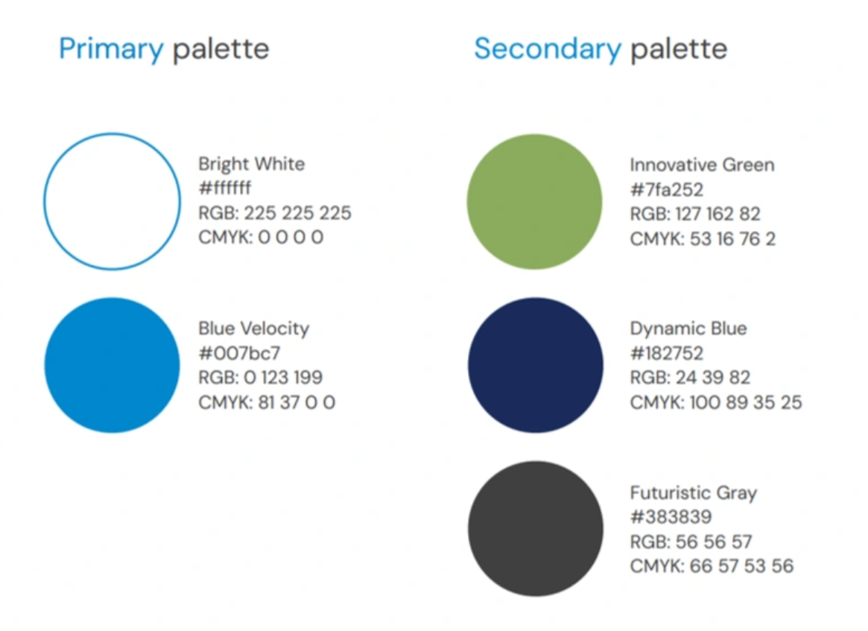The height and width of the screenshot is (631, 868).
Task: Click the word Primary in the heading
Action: (111, 50)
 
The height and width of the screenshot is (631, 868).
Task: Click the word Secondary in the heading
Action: (548, 48)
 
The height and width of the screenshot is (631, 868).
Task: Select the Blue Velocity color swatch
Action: (112, 365)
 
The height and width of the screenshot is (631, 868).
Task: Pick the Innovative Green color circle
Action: (535, 201)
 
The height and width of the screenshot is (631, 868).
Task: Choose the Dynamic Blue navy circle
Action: (535, 365)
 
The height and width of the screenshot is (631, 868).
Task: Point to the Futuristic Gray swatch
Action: (535, 529)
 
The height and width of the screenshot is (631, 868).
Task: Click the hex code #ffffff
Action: (225, 188)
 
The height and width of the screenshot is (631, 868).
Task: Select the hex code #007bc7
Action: (240, 352)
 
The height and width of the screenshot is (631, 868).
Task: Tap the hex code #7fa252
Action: (667, 190)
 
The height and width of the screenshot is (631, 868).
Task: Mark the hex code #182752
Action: (667, 353)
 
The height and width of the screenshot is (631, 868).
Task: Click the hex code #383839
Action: (671, 517)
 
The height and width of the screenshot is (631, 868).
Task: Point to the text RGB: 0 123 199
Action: (260, 378)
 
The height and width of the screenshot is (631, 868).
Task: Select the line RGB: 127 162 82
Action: (695, 215)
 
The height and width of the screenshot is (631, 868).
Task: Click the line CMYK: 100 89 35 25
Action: (716, 402)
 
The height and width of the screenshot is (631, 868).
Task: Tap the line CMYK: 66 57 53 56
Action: (712, 566)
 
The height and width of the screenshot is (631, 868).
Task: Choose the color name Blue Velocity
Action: (253, 329)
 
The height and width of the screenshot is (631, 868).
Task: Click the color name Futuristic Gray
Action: (694, 492)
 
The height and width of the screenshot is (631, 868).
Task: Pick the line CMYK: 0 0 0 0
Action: (261, 238)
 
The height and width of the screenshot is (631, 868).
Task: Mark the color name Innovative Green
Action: (702, 165)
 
